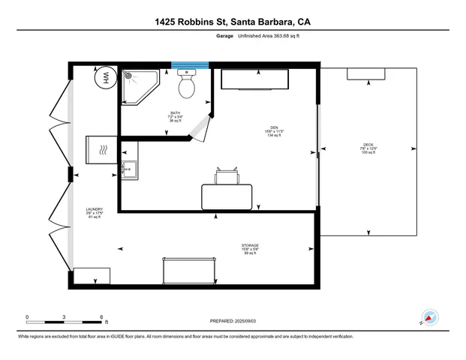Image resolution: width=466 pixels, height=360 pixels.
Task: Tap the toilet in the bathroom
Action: (x=186, y=85)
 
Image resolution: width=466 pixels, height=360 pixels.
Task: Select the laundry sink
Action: (x=129, y=171)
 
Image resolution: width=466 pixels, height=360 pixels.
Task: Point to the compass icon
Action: (x=429, y=317)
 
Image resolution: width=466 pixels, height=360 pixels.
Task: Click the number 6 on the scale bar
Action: (x=101, y=316)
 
